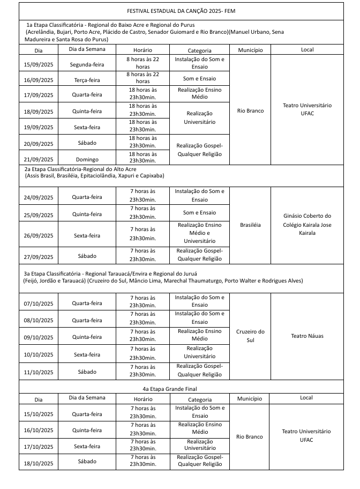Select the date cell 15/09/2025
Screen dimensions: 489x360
tap(39, 64)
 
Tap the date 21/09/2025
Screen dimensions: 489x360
tap(39, 159)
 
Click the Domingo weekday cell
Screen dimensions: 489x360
tap(87, 159)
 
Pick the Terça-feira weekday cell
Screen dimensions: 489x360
tap(87, 80)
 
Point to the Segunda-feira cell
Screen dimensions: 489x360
tap(87, 64)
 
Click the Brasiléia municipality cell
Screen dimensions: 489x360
tap(250, 225)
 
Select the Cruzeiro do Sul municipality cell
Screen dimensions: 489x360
tap(250, 336)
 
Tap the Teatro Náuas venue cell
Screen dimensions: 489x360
tap(307, 336)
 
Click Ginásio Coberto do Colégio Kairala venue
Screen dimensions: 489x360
tap(307, 225)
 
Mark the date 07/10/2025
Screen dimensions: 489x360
tap(39, 303)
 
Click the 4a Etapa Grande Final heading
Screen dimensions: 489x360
tap(181, 388)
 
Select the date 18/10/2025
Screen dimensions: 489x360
tap(39, 461)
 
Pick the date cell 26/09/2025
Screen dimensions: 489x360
tap(39, 235)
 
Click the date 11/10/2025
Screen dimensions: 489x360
tap(39, 372)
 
